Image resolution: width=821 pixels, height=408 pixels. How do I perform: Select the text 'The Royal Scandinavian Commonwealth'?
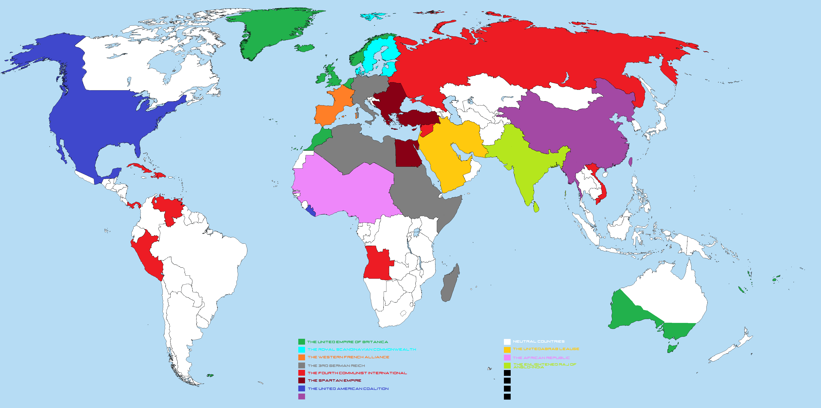[361, 350]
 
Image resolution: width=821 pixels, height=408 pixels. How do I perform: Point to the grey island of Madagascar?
[450, 284]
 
